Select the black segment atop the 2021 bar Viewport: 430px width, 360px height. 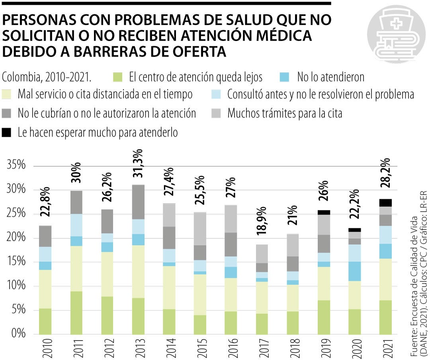coord(385,202)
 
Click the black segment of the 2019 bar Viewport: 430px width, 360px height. coord(324,212)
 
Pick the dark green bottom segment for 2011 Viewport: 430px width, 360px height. coord(76,313)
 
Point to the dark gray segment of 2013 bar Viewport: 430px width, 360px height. coord(139,202)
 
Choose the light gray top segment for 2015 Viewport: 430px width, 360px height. coord(200,229)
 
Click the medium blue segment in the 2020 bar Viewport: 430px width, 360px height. coord(354,271)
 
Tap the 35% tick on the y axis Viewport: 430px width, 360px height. coord(16,165)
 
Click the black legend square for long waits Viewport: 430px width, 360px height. coord(7,132)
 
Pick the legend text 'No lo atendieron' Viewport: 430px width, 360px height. coord(330,76)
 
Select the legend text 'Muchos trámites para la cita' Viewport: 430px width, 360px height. coord(285,113)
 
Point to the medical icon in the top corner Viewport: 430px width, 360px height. coord(396,35)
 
